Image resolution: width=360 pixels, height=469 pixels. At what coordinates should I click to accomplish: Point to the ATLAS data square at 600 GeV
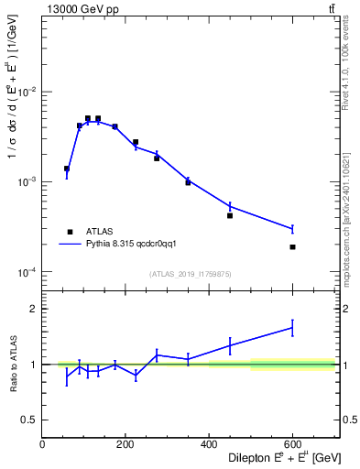pyautogui.click(x=292, y=247)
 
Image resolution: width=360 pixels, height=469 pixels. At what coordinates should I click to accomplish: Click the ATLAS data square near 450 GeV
pyautogui.click(x=230, y=215)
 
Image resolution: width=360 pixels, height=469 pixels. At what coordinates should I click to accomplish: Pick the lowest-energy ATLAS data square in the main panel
pyautogui.click(x=67, y=169)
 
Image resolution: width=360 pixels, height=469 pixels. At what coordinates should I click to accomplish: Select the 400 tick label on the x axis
pyautogui.click(x=209, y=444)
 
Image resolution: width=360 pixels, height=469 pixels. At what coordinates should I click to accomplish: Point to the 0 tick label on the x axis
pyautogui.click(x=42, y=444)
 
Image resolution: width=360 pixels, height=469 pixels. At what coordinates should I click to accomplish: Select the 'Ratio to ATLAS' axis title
pyautogui.click(x=15, y=364)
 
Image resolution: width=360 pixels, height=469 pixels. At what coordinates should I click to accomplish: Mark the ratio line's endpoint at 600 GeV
pyautogui.click(x=292, y=327)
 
